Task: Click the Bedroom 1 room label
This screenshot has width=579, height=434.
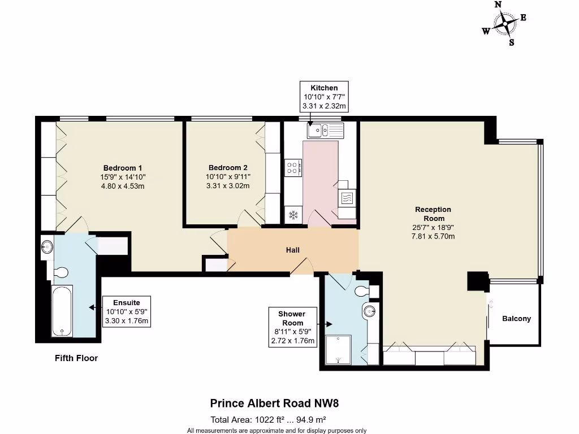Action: coord(123,168)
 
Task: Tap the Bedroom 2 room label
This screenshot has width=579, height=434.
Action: coord(228,167)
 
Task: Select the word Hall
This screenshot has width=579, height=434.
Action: coord(292,250)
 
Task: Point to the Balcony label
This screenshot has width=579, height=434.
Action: coord(516,319)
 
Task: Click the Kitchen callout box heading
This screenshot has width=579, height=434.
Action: coord(324,88)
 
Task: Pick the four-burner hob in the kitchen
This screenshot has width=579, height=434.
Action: coord(292,167)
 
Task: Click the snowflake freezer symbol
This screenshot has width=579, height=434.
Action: coord(293,214)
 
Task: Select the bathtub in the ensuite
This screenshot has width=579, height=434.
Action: coord(62,310)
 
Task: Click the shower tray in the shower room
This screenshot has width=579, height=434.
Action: coord(338,350)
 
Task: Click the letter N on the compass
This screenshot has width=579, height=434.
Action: coord(498,5)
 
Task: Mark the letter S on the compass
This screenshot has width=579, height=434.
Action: coord(511,42)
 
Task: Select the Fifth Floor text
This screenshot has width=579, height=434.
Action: coord(76,358)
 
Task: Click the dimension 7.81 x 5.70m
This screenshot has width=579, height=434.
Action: coord(433,236)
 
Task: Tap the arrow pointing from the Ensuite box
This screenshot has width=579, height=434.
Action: coord(96,307)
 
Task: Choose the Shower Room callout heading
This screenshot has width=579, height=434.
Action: coord(292,318)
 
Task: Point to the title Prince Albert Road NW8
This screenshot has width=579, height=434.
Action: coord(274,403)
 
